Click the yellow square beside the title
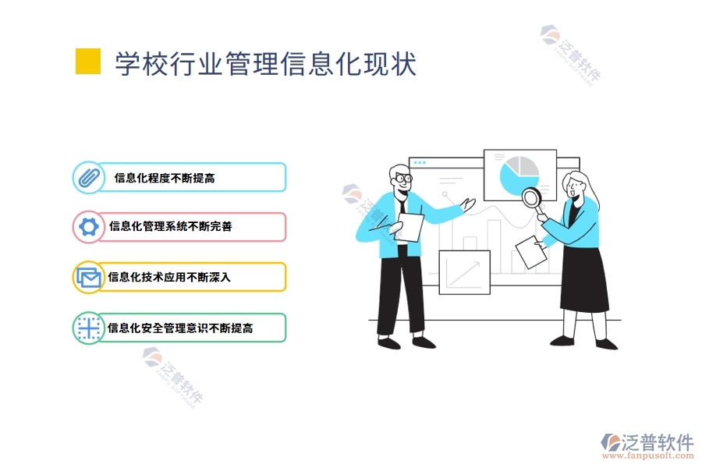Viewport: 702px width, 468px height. [x=88, y=62]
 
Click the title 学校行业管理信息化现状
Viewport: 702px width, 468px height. [x=265, y=63]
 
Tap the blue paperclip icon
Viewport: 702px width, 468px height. [x=88, y=177]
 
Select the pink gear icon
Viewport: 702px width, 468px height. [x=88, y=227]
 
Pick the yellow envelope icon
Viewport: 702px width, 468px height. [x=88, y=277]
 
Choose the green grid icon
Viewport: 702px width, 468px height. [x=88, y=328]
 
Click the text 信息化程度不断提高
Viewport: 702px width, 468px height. [x=165, y=178]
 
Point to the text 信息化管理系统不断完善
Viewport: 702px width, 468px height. [x=170, y=227]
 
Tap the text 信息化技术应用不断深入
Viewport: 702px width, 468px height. [x=169, y=277]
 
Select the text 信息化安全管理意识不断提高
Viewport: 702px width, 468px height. [x=180, y=328]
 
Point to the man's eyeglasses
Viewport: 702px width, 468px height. [x=402, y=179]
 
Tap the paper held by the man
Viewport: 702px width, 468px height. [x=410, y=229]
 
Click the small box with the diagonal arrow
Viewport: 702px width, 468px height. [x=464, y=272]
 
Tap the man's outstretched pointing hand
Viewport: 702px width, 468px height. [x=469, y=204]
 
